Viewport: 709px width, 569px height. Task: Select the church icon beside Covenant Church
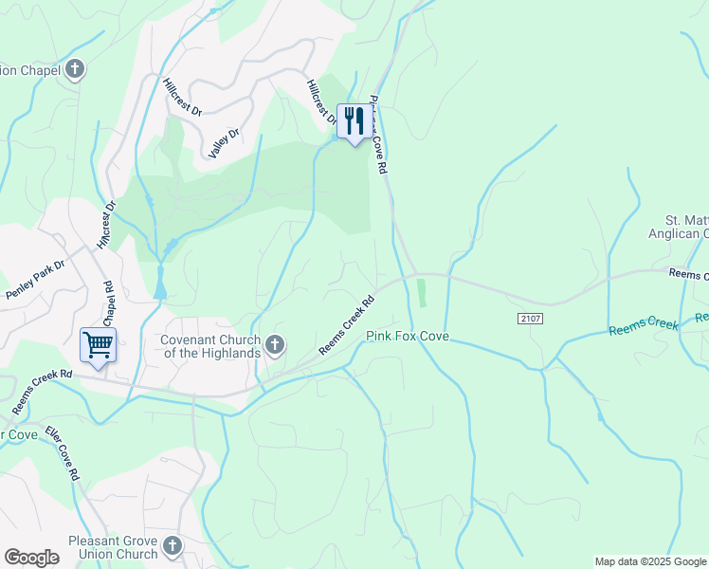(275, 345)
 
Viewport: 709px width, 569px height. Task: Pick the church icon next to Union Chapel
(75, 69)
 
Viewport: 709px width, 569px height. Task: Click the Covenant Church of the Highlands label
(209, 346)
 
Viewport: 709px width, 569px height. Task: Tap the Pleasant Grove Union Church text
(100, 547)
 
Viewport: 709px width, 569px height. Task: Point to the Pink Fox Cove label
(408, 337)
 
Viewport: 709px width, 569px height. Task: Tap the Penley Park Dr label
(34, 276)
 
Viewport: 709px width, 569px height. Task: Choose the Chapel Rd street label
(108, 303)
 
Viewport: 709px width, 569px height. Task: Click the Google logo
(31, 557)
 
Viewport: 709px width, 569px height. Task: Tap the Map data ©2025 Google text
(649, 561)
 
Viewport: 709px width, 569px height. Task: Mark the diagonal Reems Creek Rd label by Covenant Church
(346, 325)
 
